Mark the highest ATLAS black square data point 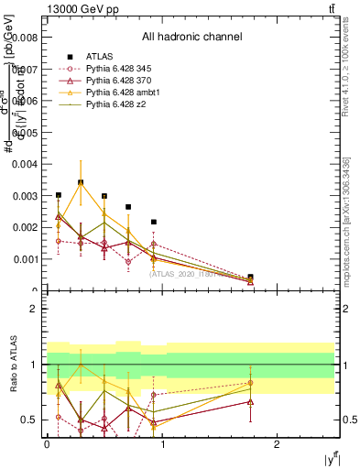tap(81, 182)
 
